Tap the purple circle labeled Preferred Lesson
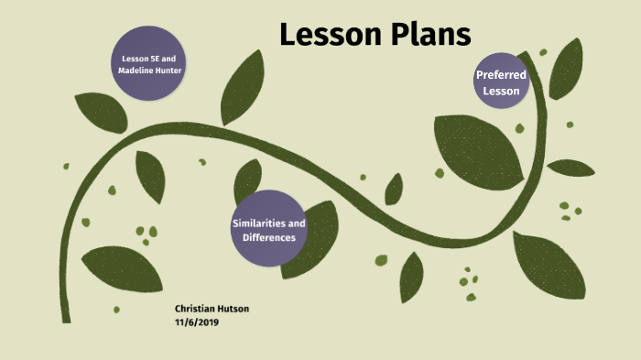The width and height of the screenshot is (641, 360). pos(501,82)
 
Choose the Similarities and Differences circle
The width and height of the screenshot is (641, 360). pos(268,230)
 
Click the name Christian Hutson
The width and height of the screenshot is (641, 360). pos(212,309)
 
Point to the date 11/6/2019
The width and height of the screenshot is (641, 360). pos(196,322)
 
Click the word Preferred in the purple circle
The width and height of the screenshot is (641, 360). pos(501,74)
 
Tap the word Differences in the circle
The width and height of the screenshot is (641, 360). pos(269,238)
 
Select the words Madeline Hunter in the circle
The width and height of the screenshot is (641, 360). pos(150,71)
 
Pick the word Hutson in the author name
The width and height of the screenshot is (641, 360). pos(233,309)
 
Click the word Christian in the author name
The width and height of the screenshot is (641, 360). pos(195,309)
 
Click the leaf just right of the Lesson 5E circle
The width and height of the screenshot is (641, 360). pos(243,86)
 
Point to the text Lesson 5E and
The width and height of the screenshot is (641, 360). pos(150,58)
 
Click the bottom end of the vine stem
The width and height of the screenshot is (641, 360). pos(66,317)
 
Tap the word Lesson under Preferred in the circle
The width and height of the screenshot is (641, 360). pos(501,91)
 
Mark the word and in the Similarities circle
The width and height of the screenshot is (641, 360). pos(297,223)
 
